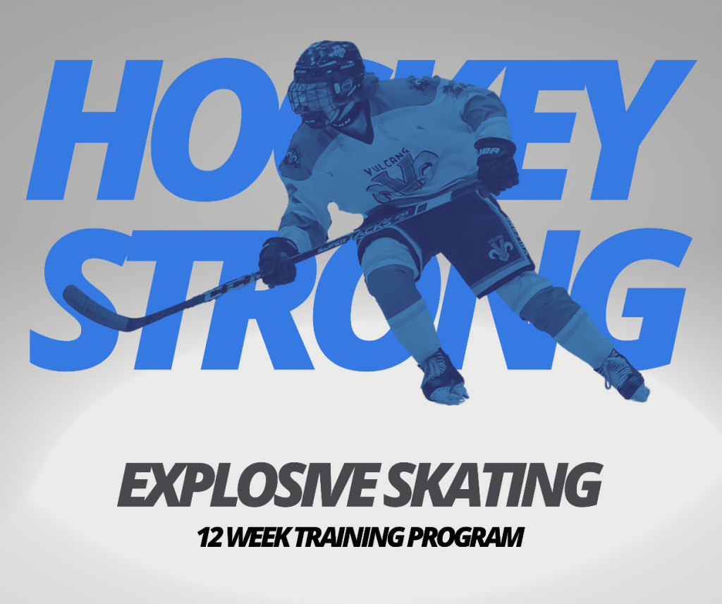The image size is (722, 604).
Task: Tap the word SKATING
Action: [491, 485]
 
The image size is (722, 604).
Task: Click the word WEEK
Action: [258, 537]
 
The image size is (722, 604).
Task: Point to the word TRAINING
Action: [348, 537]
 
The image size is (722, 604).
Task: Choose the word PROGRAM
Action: [465, 537]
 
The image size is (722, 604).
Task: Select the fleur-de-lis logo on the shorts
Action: [499, 249]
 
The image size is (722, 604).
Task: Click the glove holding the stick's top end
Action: [496, 166]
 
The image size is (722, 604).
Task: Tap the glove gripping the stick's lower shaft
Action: [277, 262]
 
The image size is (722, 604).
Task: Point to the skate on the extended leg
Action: [623, 376]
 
